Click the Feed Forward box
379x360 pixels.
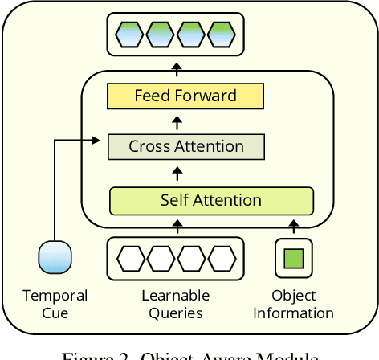click(185, 96)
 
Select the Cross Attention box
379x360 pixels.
click(185, 146)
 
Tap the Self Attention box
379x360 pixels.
click(210, 200)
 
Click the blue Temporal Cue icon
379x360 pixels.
click(55, 258)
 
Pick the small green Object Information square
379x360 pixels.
click(293, 258)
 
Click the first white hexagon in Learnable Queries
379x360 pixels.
click(132, 258)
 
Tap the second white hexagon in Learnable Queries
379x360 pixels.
click(161, 258)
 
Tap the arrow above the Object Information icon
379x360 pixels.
click(293, 228)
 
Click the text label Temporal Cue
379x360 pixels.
click(55, 304)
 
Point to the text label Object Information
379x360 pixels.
click(293, 304)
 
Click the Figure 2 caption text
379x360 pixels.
click(189, 354)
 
